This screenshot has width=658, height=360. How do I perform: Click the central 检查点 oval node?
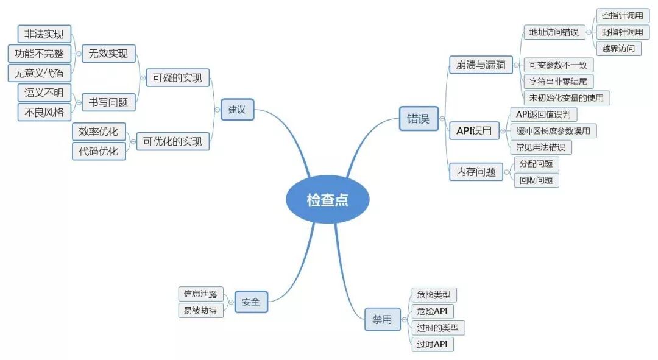(x=327, y=199)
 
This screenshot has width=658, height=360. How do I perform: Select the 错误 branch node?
(x=418, y=119)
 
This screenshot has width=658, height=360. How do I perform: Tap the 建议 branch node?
(x=237, y=110)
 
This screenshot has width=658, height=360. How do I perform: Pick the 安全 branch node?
(x=251, y=302)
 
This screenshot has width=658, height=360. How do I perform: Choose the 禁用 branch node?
(x=382, y=319)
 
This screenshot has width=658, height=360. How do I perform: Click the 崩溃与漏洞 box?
(x=481, y=65)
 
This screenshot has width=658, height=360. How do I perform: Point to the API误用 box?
(x=474, y=130)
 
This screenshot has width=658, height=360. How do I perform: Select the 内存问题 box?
(x=476, y=172)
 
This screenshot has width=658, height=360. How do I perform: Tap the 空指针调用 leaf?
(x=622, y=16)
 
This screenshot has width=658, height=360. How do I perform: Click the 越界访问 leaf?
(x=618, y=48)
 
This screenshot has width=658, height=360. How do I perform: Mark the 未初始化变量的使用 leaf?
(x=567, y=97)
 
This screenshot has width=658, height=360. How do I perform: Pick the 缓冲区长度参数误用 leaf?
(x=553, y=130)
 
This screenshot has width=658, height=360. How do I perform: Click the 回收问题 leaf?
(x=536, y=180)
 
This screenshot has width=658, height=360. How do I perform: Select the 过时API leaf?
(x=432, y=344)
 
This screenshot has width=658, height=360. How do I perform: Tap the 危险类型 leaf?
(x=434, y=295)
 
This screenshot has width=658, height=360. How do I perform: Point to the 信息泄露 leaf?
(x=200, y=294)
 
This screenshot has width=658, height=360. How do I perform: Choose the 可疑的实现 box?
(x=177, y=77)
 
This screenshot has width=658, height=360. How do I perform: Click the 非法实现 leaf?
(x=44, y=34)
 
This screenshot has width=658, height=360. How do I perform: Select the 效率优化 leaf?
(x=99, y=132)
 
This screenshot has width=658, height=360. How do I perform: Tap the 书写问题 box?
(x=108, y=102)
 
